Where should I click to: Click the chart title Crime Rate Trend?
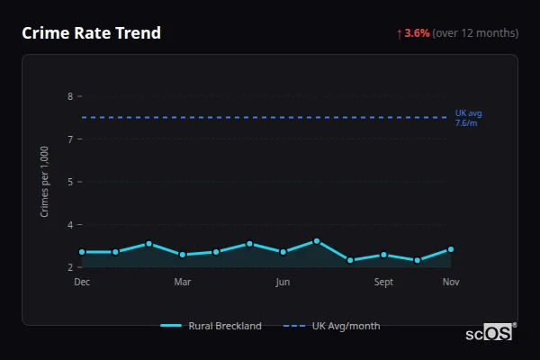pyautogui.click(x=91, y=33)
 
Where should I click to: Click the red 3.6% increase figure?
pyautogui.click(x=417, y=33)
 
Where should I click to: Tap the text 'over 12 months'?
pyautogui.click(x=475, y=33)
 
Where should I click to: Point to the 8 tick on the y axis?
pyautogui.click(x=70, y=96)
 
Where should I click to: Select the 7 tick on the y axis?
pyautogui.click(x=70, y=139)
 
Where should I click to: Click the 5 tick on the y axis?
pyautogui.click(x=70, y=182)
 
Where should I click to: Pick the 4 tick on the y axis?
pyautogui.click(x=70, y=224)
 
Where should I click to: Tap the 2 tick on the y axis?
pyautogui.click(x=70, y=267)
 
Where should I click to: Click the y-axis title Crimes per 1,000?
pyautogui.click(x=45, y=181)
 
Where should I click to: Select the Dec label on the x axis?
pyautogui.click(x=82, y=283)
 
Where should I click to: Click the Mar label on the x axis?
pyautogui.click(x=182, y=283)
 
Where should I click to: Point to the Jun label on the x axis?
pyautogui.click(x=283, y=283)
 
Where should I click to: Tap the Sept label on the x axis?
pyautogui.click(x=383, y=283)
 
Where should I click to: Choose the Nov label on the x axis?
pyautogui.click(x=451, y=283)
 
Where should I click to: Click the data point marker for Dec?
pyautogui.click(x=82, y=252)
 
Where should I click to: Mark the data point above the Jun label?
pyautogui.click(x=283, y=252)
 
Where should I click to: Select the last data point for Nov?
pyautogui.click(x=451, y=249)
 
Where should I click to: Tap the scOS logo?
pyautogui.click(x=490, y=333)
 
